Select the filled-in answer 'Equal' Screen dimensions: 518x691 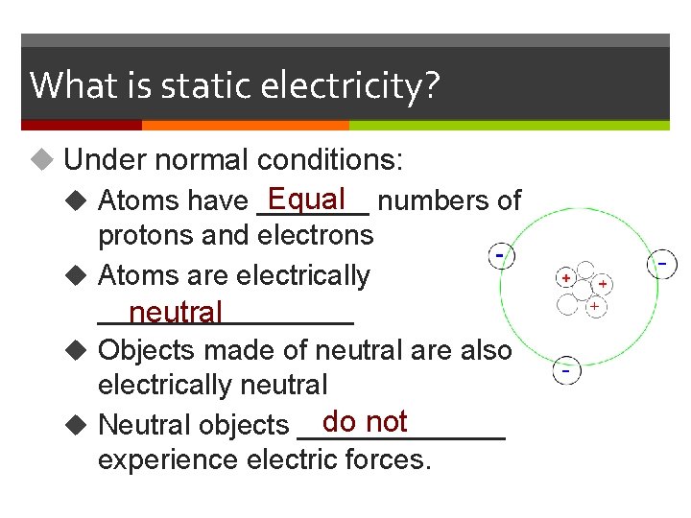coord(307,199)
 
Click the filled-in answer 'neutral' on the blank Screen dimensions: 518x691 coord(176,312)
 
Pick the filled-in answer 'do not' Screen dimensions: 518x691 coord(366,421)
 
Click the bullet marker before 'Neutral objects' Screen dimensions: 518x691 coord(82,424)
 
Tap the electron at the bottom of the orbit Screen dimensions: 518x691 coord(567,369)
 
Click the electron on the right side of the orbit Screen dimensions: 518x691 coord(661,262)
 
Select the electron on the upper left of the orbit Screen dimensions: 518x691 coord(501,256)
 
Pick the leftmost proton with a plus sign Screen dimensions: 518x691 coord(567,277)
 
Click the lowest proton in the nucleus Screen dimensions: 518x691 coord(595,306)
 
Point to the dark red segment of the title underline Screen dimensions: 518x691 coord(82,125)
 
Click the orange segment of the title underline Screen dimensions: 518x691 coord(245,125)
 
